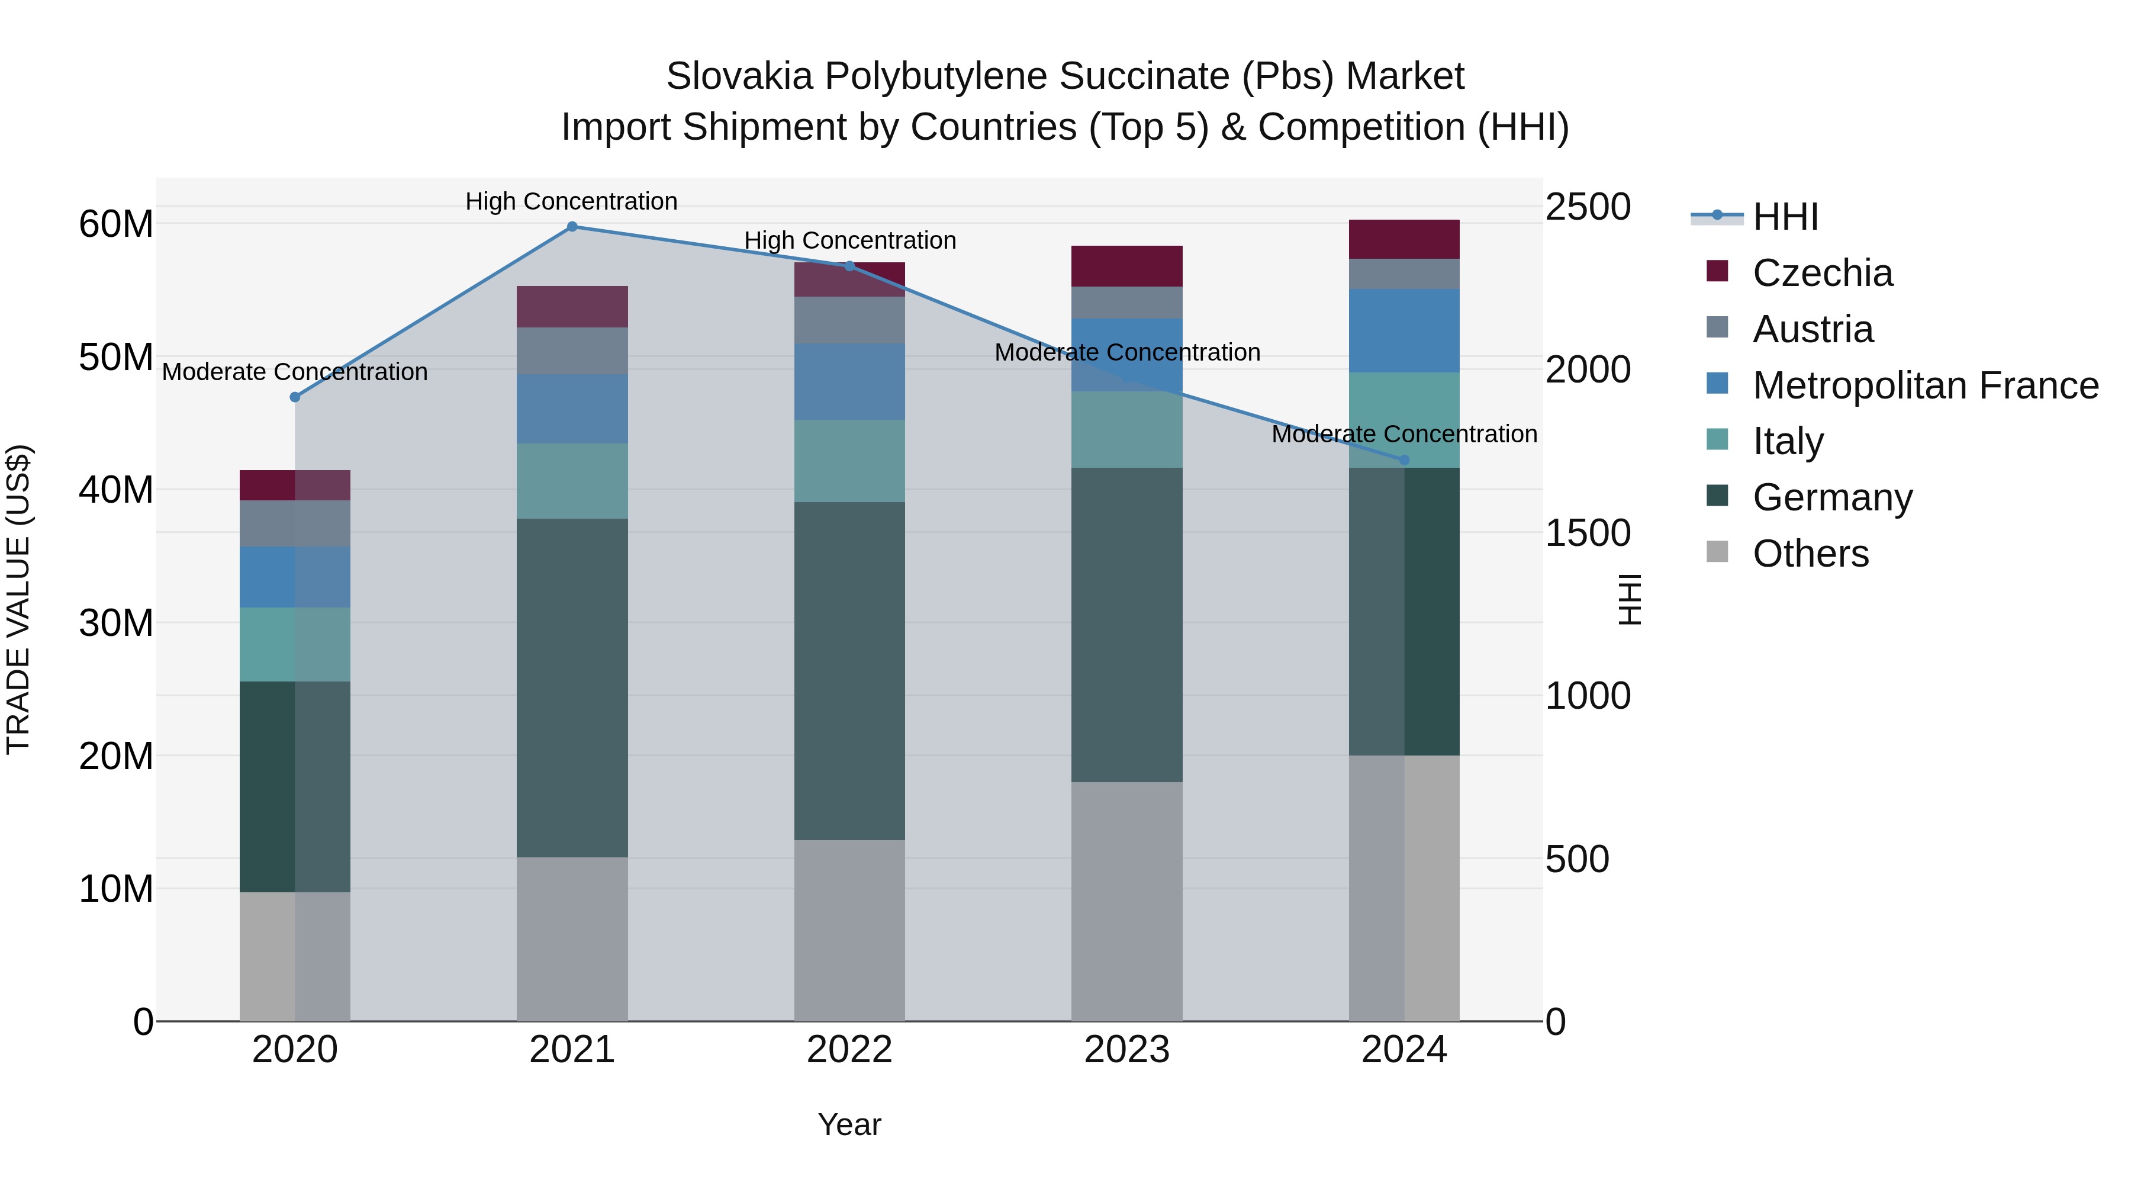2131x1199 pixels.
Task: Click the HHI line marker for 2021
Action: pyautogui.click(x=572, y=227)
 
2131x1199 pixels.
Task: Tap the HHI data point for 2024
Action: pyautogui.click(x=1404, y=460)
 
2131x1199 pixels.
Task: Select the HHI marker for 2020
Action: pyautogui.click(x=295, y=397)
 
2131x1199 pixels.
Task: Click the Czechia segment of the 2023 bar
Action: pyautogui.click(x=1126, y=266)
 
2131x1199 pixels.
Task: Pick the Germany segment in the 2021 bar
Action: pyautogui.click(x=572, y=687)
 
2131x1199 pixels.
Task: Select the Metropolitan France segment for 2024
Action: pyautogui.click(x=1404, y=331)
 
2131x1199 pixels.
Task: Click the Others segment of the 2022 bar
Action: pyautogui.click(x=849, y=931)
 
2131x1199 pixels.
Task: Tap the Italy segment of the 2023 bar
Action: pyautogui.click(x=1126, y=429)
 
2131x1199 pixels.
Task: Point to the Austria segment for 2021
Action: pyautogui.click(x=572, y=351)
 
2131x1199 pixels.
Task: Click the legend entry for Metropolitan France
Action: pyautogui.click(x=1925, y=385)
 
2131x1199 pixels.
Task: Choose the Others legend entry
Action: pyautogui.click(x=1810, y=554)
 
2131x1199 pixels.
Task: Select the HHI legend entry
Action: pyautogui.click(x=1785, y=217)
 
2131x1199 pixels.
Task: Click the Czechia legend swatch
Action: pyautogui.click(x=1717, y=271)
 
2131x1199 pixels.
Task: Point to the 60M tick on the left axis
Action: pyautogui.click(x=116, y=224)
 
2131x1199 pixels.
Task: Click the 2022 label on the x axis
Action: pyautogui.click(x=849, y=1050)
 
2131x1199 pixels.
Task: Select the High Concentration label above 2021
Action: pyautogui.click(x=572, y=201)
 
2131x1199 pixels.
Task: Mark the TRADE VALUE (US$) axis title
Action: pyautogui.click(x=18, y=599)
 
